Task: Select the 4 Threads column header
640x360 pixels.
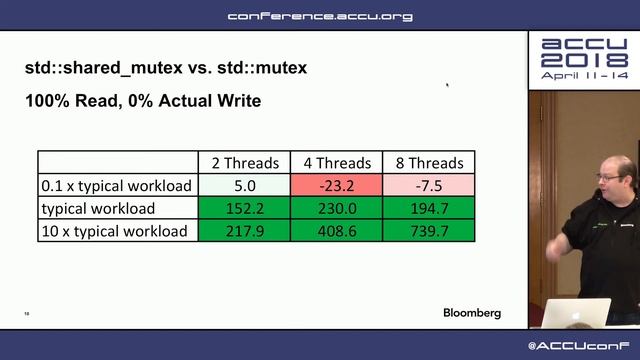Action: point(337,163)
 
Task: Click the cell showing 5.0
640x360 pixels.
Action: point(244,185)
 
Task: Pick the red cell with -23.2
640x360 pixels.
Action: point(337,185)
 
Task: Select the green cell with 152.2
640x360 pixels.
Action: point(244,208)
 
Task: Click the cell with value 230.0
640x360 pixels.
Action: point(337,208)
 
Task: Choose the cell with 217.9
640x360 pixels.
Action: point(244,231)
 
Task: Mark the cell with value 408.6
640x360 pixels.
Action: point(337,231)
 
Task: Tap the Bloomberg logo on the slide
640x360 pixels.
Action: point(472,313)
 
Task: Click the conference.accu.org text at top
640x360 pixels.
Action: point(320,16)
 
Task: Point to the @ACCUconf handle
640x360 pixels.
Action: point(583,346)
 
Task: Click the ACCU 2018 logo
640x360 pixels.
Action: point(584,59)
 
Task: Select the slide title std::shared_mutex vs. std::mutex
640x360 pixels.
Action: point(166,68)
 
